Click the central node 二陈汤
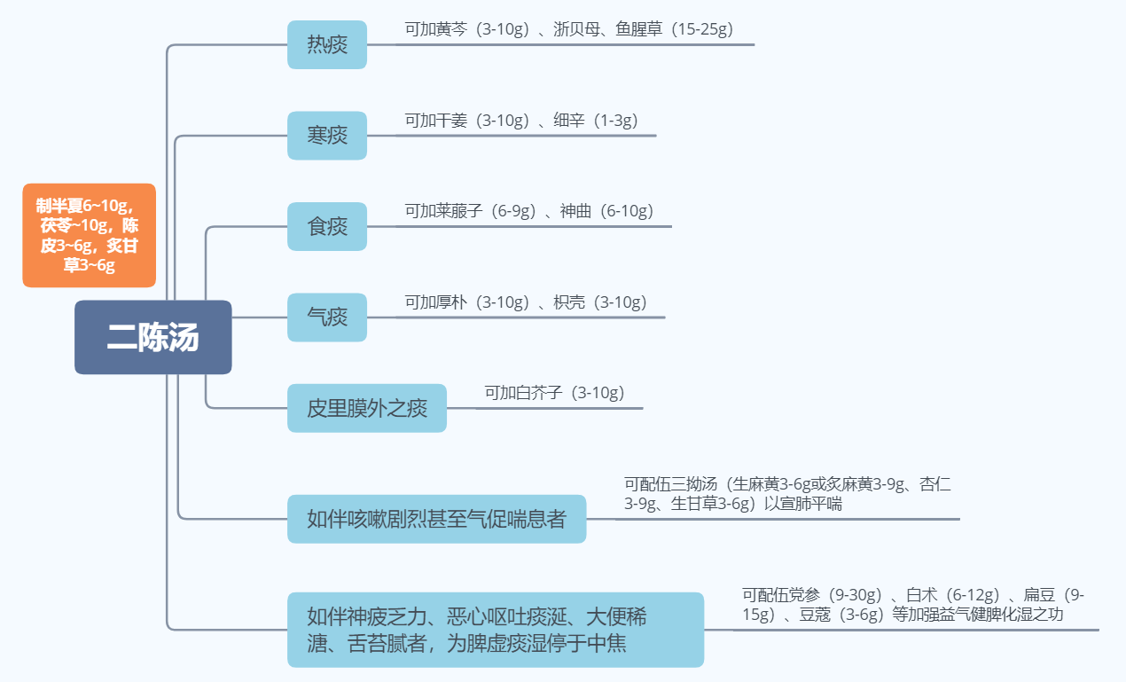[152, 337]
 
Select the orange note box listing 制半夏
[89, 235]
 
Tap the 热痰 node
[326, 44]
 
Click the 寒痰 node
[326, 136]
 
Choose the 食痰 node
[326, 226]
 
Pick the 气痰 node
[326, 317]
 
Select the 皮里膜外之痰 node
[366, 408]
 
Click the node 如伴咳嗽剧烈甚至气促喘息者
[436, 519]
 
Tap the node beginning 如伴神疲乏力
[495, 630]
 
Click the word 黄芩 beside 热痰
[453, 29]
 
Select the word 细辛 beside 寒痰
[568, 121]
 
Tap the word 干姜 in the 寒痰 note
[453, 121]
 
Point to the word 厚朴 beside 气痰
[453, 302]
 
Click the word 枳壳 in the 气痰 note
[568, 302]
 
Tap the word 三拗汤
[694, 484]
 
